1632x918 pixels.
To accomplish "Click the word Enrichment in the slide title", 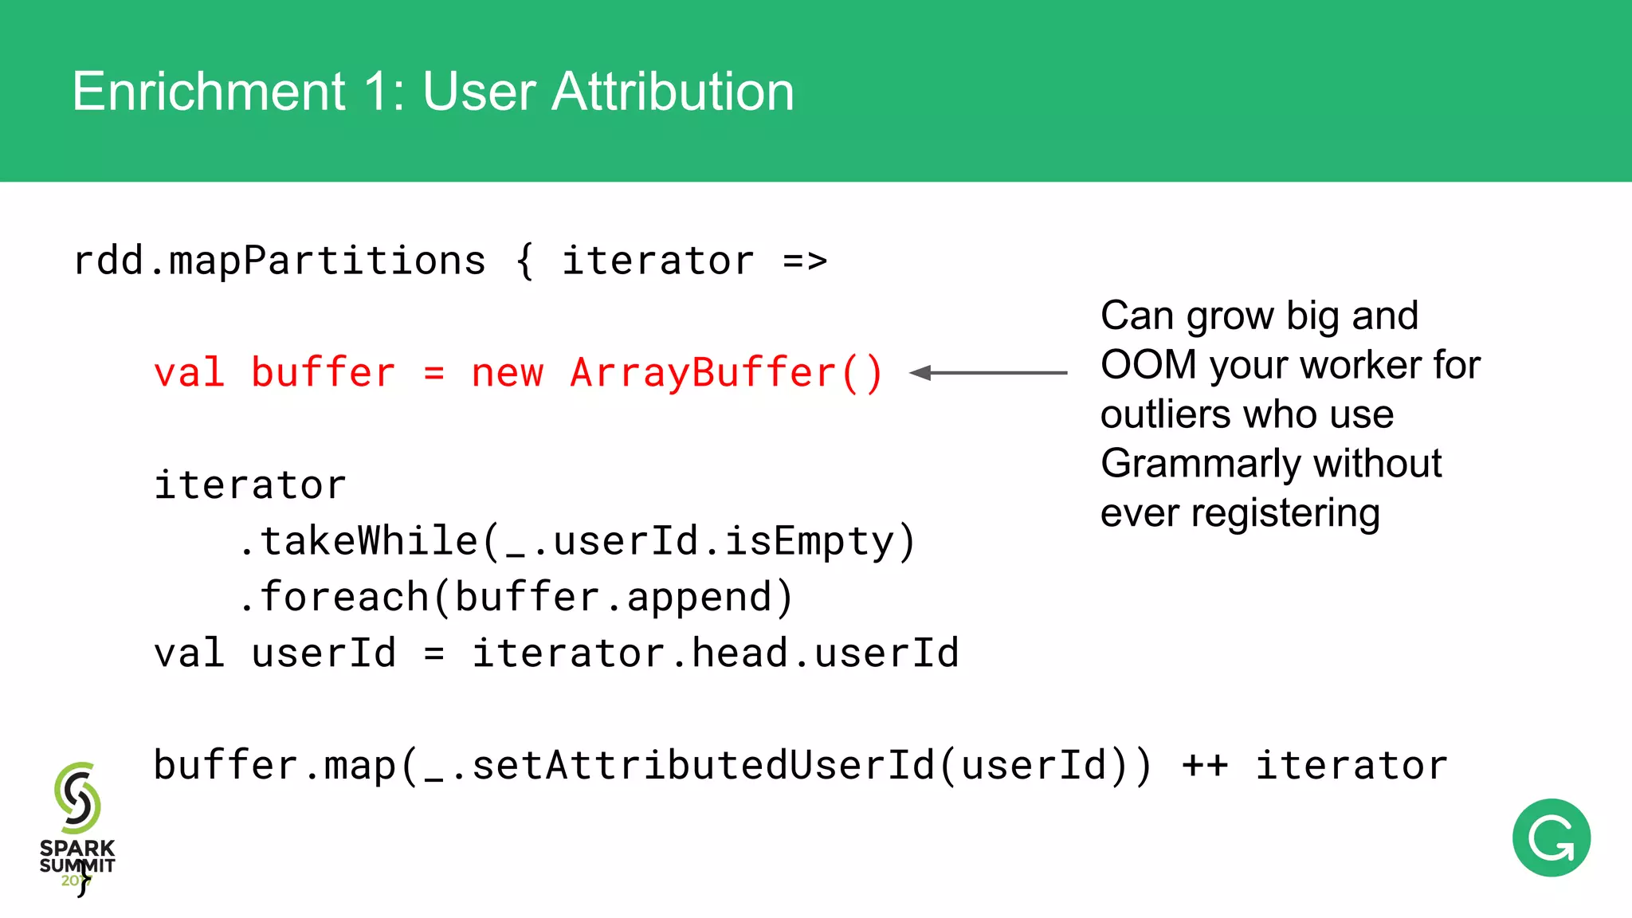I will (209, 92).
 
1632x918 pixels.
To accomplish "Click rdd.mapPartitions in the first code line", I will (279, 261).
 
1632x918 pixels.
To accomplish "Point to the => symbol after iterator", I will (805, 261).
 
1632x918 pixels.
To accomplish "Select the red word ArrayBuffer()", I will (726, 373).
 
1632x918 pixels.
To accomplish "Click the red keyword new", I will (507, 373).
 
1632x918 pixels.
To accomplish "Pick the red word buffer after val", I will (323, 373).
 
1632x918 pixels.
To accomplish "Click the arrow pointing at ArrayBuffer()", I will (988, 372).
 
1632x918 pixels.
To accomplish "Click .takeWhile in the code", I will (359, 541).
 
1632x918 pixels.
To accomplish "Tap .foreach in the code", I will (335, 597).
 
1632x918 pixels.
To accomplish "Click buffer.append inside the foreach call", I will (614, 597).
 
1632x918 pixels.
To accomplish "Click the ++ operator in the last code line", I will (1204, 766).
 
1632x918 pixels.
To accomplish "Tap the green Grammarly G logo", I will (1551, 838).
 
